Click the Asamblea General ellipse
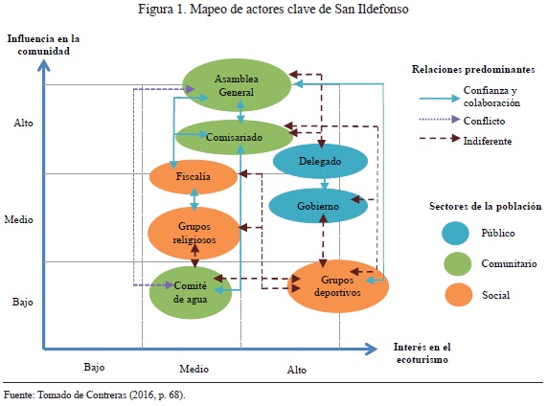pos(237,85)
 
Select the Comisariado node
pos(234,137)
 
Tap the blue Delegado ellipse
pos(320,161)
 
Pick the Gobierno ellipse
pos(318,206)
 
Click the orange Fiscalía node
pos(194,176)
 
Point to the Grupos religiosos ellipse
pos(194,233)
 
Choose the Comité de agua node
pos(191,292)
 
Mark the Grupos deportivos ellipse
pos(338,286)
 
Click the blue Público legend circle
pos(455,233)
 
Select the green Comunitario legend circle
pos(458,263)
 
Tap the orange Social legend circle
pos(459,295)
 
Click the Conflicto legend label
pos(484,121)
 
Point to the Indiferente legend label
pos(488,142)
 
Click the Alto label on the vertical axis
pos(23,123)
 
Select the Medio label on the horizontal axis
pos(194,369)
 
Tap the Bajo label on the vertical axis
pos(23,302)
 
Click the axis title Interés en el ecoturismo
pos(422,353)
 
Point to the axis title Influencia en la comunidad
pos(44,45)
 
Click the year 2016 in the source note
pos(144,395)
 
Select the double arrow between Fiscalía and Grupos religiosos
pos(194,199)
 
